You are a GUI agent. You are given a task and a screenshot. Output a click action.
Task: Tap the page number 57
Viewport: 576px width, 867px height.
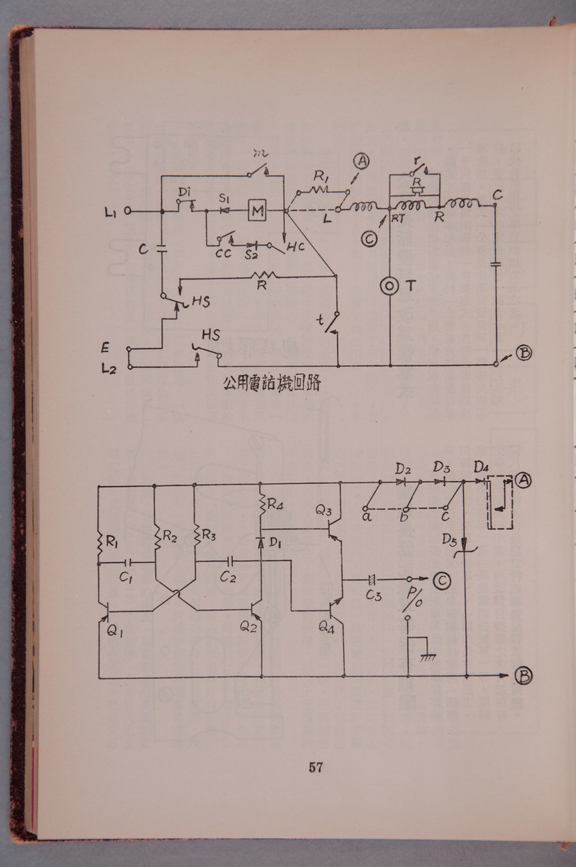[x=315, y=768]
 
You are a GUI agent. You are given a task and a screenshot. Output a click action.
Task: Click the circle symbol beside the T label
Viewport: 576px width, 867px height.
[x=389, y=286]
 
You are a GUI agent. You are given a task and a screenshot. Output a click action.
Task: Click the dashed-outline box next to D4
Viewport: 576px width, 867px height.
[x=500, y=502]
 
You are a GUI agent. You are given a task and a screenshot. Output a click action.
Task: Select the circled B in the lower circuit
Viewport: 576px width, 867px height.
[x=523, y=675]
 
